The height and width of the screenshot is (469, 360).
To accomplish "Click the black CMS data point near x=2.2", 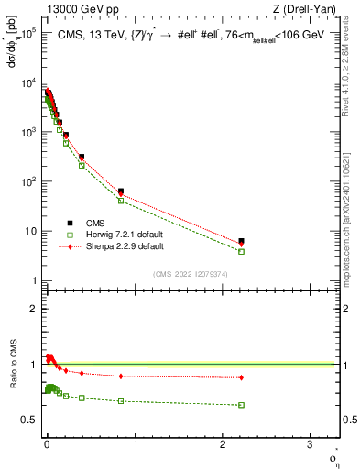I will coord(241,242).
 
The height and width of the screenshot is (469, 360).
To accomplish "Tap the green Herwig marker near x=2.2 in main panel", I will coord(241,251).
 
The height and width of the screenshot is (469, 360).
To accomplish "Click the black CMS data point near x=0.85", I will coord(121,191).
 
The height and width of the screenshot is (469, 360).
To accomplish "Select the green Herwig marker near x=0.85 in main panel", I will coord(121,201).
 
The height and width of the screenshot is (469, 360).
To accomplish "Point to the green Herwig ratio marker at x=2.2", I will coord(241,405).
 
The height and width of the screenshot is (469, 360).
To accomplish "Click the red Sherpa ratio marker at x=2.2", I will coord(241,377).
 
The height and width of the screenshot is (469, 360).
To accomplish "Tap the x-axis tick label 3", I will coord(310,446).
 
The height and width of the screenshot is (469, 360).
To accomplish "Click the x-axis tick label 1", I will coord(135,446).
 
